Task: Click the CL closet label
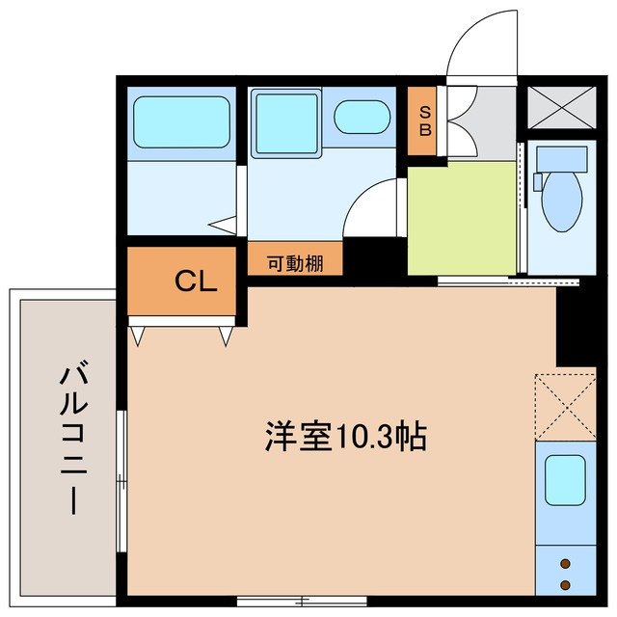click(x=196, y=282)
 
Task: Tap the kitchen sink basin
click(x=565, y=479)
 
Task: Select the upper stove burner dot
click(x=565, y=564)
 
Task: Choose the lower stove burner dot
click(x=565, y=583)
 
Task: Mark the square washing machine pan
click(x=285, y=123)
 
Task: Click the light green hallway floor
click(x=461, y=218)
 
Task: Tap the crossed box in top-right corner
click(x=558, y=106)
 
